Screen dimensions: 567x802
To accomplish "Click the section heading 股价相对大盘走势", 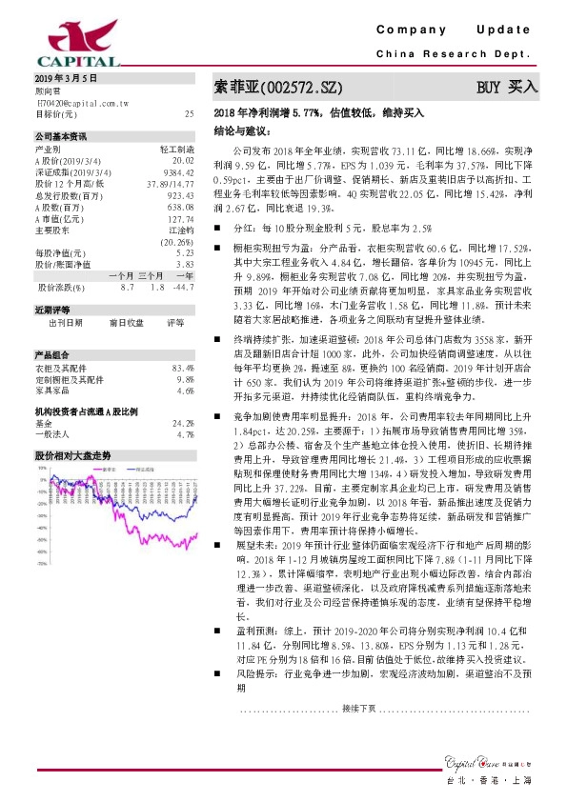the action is pyautogui.click(x=72, y=456).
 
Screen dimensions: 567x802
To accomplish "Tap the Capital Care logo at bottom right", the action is pyautogui.click(x=486, y=758).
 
